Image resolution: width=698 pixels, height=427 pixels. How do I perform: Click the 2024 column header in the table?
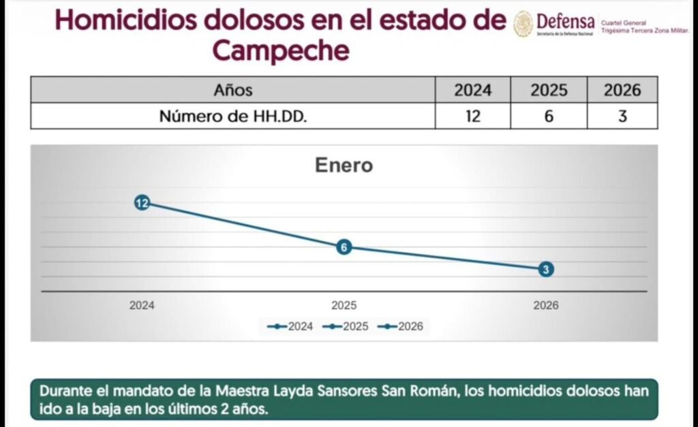tap(472, 90)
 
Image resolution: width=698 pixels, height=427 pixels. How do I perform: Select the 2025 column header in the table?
tap(549, 90)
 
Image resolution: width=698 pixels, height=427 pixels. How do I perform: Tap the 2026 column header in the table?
tap(622, 90)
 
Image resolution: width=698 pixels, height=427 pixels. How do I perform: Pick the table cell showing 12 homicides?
tap(472, 116)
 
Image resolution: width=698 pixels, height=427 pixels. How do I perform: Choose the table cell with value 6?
tap(549, 116)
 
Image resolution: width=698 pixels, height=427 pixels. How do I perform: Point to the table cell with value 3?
tap(622, 116)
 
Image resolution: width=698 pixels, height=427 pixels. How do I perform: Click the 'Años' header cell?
tap(232, 90)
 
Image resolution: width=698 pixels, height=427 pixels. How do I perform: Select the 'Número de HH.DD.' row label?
tap(232, 116)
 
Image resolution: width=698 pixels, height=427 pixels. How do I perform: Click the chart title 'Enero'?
tap(344, 165)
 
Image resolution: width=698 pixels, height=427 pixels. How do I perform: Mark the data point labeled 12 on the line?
tap(142, 202)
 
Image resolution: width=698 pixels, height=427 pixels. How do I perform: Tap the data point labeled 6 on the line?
tap(344, 247)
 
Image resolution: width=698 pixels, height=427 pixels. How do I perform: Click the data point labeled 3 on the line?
tap(546, 269)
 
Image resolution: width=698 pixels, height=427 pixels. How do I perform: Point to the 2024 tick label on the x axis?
tap(142, 306)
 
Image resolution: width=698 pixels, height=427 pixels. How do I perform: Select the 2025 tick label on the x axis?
tap(344, 306)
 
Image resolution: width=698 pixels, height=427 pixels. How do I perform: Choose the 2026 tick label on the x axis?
tap(546, 306)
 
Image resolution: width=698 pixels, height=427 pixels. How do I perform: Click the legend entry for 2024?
tap(291, 326)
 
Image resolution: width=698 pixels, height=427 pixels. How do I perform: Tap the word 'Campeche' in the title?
tap(281, 50)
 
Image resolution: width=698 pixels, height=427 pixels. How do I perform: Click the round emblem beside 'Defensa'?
tap(523, 24)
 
